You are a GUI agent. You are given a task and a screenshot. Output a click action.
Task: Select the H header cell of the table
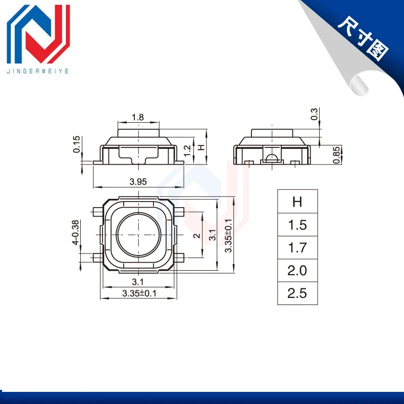297,201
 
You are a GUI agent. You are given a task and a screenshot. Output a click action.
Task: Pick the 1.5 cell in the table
297,225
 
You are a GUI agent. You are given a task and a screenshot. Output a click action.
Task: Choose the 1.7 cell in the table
297,247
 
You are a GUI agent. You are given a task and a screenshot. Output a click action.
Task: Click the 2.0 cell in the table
297,271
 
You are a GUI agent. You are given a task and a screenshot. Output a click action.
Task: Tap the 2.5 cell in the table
297,293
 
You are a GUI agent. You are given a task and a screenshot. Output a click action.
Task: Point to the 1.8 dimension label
138,117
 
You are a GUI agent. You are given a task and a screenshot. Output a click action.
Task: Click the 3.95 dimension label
138,182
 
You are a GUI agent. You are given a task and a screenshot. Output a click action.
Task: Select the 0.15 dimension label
76,144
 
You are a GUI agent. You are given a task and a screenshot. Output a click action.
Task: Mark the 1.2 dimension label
187,150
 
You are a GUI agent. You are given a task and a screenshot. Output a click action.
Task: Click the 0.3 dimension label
315,114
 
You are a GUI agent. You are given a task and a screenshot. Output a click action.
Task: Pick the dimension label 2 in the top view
198,235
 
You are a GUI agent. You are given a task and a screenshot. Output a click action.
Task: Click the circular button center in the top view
138,235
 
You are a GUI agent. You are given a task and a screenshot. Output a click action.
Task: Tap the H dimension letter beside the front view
201,147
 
